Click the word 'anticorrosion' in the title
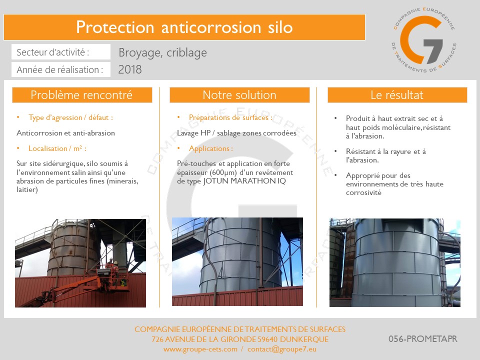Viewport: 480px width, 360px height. point(211,27)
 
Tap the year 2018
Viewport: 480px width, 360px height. point(130,69)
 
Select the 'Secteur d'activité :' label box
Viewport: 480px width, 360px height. point(61,52)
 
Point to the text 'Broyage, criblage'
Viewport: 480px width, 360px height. point(162,52)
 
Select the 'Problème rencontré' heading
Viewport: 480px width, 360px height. point(82,95)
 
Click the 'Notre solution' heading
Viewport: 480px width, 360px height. point(239,95)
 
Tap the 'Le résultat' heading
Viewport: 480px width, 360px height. point(397,95)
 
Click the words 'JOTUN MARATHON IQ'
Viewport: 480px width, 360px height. point(244,181)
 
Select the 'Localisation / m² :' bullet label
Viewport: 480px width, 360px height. point(57,148)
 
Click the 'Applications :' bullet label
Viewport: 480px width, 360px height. point(211,148)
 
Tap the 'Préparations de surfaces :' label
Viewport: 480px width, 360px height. point(230,117)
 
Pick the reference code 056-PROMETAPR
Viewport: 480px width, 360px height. point(423,339)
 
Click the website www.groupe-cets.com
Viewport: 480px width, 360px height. point(200,349)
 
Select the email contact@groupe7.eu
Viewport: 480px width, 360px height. point(282,349)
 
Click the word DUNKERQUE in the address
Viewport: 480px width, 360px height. point(304,339)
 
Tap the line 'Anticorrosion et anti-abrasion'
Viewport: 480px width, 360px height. point(66,133)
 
